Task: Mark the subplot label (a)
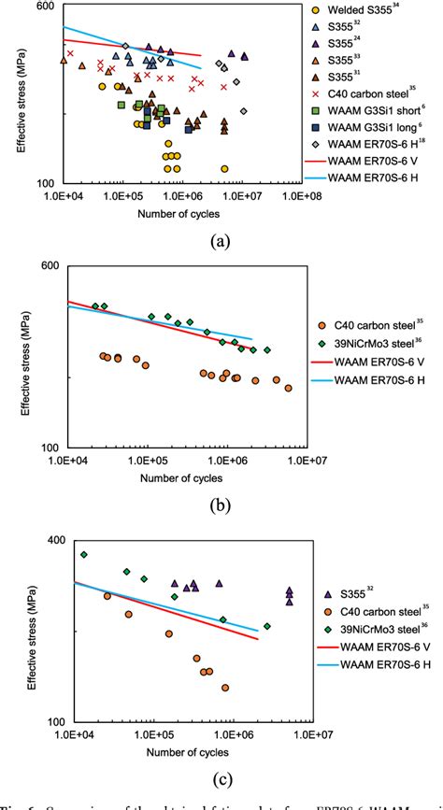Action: (x=220, y=241)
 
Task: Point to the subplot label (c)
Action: (x=220, y=781)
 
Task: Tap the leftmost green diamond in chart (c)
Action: (x=84, y=555)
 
